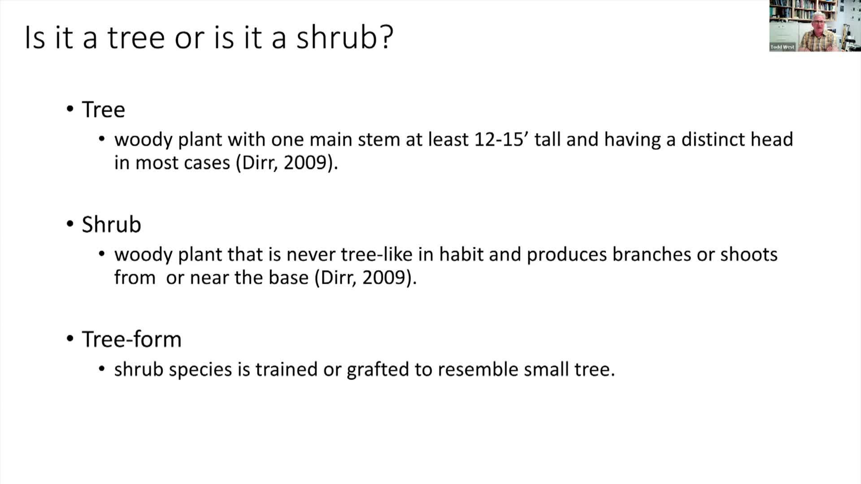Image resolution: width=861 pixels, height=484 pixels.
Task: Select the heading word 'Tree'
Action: tap(103, 110)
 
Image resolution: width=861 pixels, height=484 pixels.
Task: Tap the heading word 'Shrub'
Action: tap(111, 225)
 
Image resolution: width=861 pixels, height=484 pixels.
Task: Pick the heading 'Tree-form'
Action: tap(131, 339)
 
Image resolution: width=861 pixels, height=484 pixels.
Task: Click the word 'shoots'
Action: tap(749, 255)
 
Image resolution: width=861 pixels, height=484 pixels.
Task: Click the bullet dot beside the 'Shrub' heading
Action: tap(70, 224)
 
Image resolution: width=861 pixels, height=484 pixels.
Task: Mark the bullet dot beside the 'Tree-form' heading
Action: tap(70, 339)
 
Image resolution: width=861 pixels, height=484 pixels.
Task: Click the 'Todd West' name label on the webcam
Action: tap(782, 47)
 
